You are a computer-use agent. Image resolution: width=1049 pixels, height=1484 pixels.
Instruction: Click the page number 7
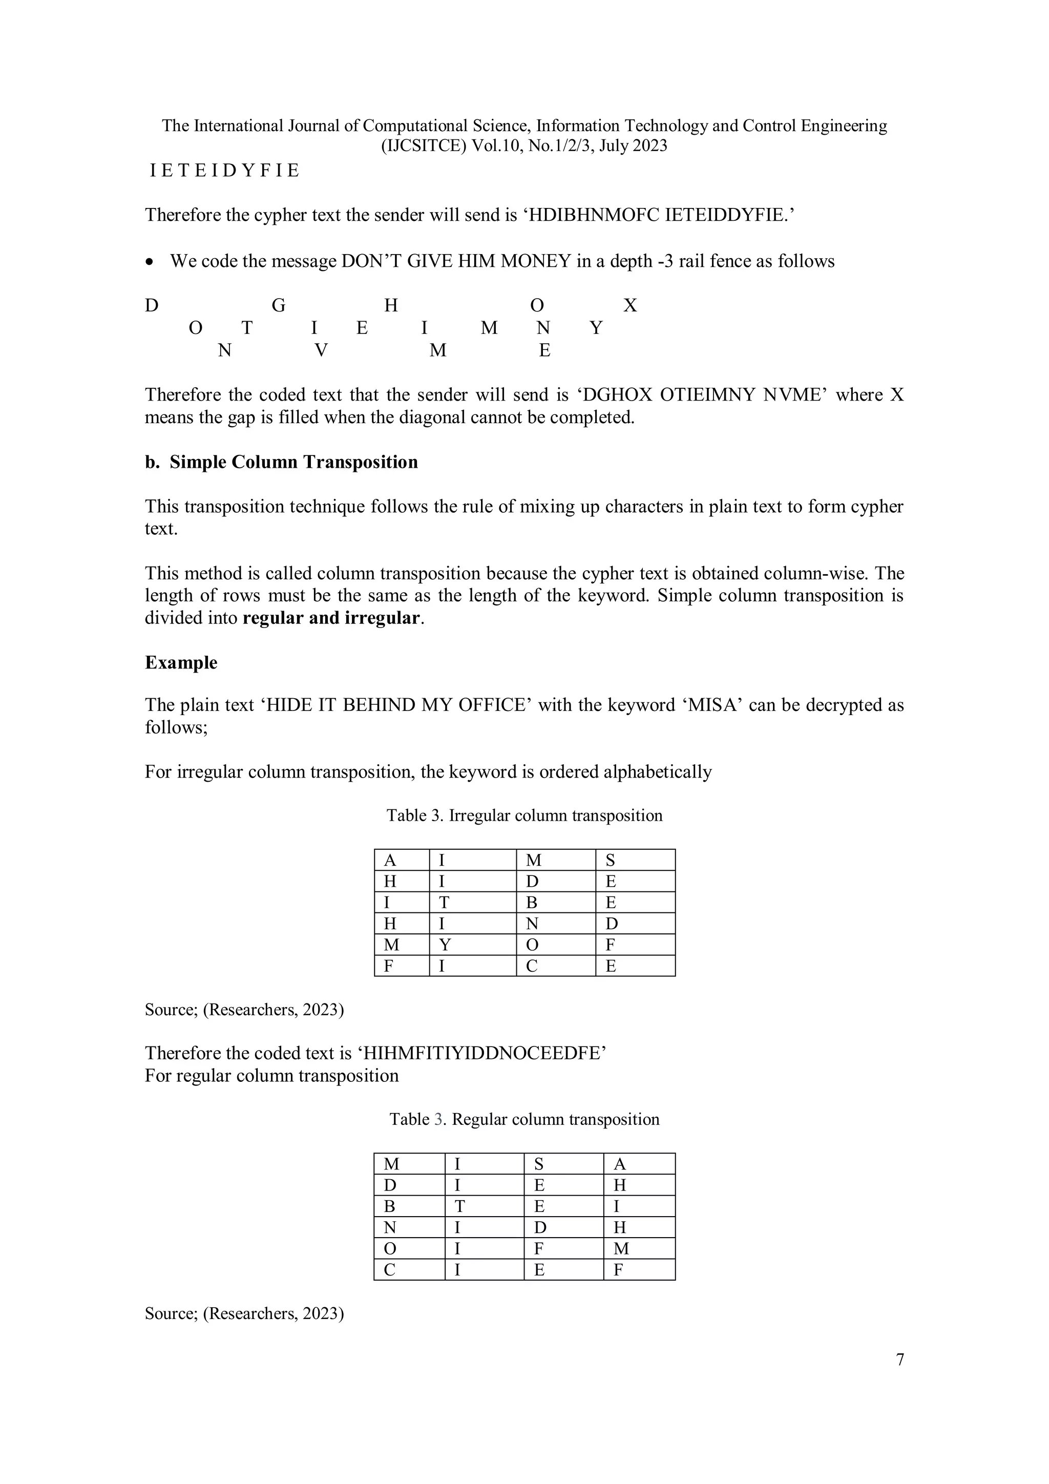point(900,1359)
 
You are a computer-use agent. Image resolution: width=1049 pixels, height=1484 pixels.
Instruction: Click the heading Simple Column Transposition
point(293,462)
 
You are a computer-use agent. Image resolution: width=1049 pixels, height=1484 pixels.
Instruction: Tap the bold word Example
point(181,662)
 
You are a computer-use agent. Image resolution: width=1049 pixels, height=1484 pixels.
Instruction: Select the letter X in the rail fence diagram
point(630,306)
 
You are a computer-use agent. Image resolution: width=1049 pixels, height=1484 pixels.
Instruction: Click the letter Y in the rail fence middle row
point(596,328)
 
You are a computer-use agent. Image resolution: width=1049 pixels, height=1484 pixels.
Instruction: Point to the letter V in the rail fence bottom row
point(321,351)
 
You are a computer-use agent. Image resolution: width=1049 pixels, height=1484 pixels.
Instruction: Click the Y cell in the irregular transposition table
point(445,945)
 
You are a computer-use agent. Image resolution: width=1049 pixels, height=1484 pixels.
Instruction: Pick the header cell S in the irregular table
point(610,860)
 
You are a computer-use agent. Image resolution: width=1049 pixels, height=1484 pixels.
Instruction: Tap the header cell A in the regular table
point(619,1164)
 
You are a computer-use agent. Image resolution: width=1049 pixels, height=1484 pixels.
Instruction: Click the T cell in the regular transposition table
point(459,1206)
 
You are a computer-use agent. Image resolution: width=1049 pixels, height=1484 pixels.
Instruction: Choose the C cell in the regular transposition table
point(390,1269)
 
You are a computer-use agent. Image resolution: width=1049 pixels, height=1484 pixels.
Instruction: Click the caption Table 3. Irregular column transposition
point(524,816)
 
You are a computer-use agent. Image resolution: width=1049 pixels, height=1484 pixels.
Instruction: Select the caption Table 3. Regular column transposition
point(524,1119)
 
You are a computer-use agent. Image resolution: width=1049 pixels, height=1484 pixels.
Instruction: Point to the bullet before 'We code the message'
point(150,262)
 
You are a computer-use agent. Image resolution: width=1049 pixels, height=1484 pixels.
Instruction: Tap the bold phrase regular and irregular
point(331,618)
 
